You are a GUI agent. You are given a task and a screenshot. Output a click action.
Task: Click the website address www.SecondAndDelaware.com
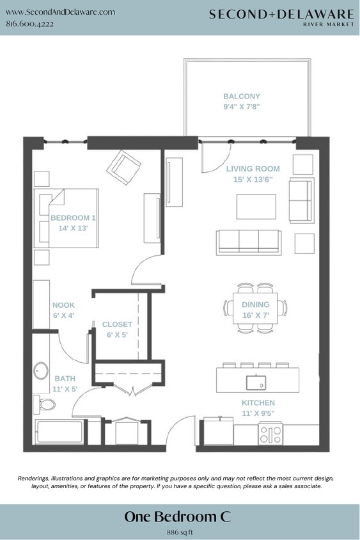(x=60, y=12)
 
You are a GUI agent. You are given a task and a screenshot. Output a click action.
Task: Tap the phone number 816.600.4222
(x=29, y=24)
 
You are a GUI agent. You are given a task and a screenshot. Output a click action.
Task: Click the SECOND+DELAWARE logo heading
(x=281, y=13)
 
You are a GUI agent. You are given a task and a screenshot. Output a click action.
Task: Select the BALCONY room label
(x=241, y=97)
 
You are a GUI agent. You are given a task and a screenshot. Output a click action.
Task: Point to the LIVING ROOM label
(x=253, y=169)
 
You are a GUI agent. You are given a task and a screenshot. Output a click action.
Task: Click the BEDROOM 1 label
(x=73, y=218)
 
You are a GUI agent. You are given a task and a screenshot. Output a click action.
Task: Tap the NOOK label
(x=63, y=306)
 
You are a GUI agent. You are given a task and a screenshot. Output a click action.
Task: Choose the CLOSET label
(x=117, y=325)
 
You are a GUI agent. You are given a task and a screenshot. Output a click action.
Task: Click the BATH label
(x=65, y=379)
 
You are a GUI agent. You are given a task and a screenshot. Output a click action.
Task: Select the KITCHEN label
(x=258, y=403)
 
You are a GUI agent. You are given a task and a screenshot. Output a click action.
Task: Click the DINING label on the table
(x=255, y=305)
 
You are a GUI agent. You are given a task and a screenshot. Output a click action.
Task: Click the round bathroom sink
(x=42, y=370)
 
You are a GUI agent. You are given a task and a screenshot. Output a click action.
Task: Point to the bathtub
(x=59, y=432)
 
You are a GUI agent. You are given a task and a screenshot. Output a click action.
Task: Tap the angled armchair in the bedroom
(x=124, y=166)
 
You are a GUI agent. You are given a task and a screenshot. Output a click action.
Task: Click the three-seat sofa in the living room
(x=248, y=242)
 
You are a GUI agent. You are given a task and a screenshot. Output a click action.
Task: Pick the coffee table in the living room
(x=256, y=207)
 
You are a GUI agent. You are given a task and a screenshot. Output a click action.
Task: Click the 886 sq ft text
(x=180, y=532)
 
